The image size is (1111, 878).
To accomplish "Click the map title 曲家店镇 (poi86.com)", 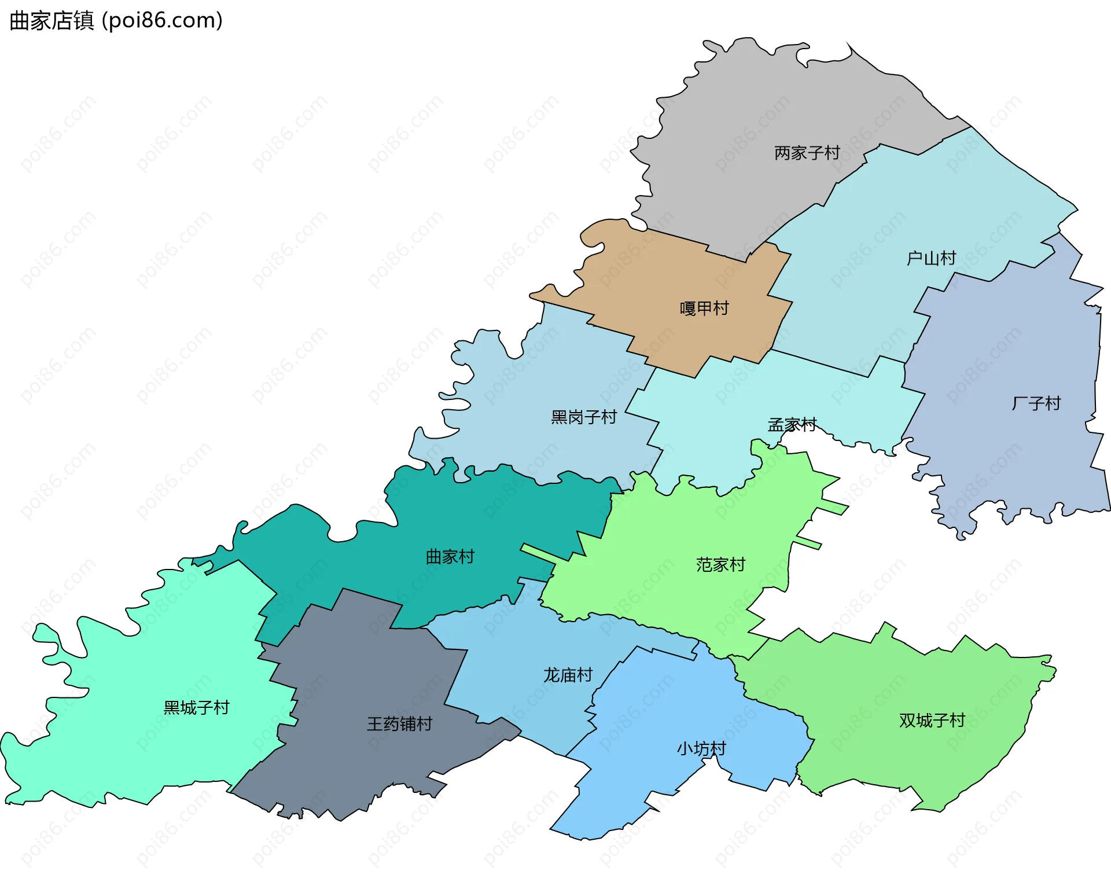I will click(116, 21).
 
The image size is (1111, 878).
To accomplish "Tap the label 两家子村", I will click(807, 153).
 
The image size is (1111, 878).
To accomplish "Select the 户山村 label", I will click(931, 258).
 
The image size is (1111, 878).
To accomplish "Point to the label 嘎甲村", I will click(704, 308).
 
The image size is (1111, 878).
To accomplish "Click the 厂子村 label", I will click(1036, 403).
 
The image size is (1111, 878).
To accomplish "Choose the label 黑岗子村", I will click(584, 417).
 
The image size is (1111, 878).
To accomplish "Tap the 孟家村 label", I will click(792, 425).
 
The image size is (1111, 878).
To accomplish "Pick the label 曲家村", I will click(450, 557).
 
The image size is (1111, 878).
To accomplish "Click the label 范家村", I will click(720, 564).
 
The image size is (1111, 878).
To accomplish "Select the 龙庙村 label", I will click(568, 675).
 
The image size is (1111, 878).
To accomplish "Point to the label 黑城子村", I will click(196, 707).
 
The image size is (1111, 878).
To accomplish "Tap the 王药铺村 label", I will click(399, 723).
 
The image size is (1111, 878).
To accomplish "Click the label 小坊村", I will click(701, 748).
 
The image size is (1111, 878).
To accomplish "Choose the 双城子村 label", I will click(932, 720).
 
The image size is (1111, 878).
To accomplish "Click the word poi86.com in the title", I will click(161, 21).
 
